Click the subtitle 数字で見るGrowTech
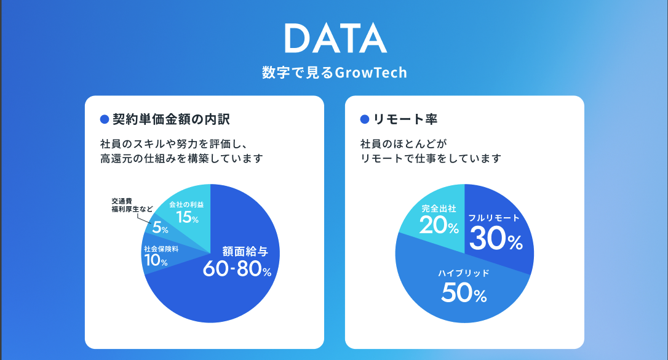tap(334, 73)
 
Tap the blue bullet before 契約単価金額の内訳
tap(104, 119)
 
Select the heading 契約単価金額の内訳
tap(172, 119)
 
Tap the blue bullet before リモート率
tap(364, 119)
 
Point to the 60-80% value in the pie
tap(237, 270)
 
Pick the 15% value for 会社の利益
tap(186, 217)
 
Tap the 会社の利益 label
tap(186, 204)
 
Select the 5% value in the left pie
tap(160, 228)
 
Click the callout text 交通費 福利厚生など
tap(128, 205)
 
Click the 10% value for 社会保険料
tap(155, 261)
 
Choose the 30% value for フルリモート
tap(495, 239)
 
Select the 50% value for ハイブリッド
tap(464, 294)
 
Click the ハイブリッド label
tap(464, 273)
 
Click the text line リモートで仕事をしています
tap(431, 159)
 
